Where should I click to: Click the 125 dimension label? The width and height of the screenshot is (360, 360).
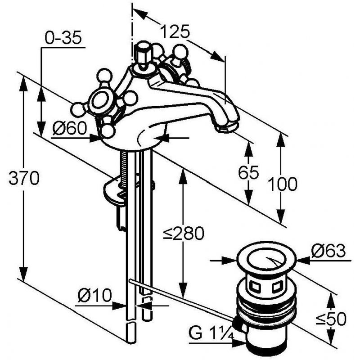coord(175,31)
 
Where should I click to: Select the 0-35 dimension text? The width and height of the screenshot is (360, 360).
coord(63,38)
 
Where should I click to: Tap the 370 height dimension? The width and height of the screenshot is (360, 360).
coord(24,178)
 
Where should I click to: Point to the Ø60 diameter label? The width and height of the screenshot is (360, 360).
coord(70,128)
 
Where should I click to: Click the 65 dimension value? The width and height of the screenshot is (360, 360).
coord(248,172)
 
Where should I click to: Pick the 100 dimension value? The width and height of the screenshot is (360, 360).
coord(283,184)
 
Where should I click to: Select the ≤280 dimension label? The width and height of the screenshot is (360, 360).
coord(184,233)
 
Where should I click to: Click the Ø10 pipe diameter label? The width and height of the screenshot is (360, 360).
coord(94,295)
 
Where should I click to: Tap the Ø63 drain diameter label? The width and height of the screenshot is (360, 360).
coord(328,251)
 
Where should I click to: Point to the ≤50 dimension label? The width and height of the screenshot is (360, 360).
coord(331,319)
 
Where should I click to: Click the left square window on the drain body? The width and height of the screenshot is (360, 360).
coord(255,286)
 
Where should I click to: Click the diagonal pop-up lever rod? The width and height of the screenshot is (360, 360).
coord(181,299)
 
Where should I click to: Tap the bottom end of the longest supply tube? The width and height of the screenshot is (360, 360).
coord(130,342)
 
